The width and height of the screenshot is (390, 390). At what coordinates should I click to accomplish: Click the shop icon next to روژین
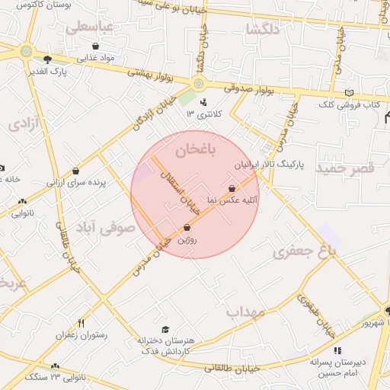(187, 227)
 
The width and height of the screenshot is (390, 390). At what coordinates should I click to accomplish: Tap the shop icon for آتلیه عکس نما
(232, 188)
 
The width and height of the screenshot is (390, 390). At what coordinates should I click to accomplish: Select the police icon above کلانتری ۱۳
(203, 102)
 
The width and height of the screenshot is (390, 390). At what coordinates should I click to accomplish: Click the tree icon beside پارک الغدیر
(48, 59)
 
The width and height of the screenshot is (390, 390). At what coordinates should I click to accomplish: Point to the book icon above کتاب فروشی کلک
(349, 92)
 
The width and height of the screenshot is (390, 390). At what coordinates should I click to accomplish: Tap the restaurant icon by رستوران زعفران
(81, 323)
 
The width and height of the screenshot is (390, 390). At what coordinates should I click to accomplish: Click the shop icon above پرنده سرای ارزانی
(75, 171)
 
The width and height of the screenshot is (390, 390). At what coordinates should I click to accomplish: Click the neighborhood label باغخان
(196, 150)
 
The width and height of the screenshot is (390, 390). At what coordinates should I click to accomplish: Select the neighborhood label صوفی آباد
(104, 227)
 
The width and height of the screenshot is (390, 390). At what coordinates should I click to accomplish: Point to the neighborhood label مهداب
(245, 312)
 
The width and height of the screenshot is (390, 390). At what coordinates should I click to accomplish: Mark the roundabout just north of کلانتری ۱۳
(200, 83)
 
